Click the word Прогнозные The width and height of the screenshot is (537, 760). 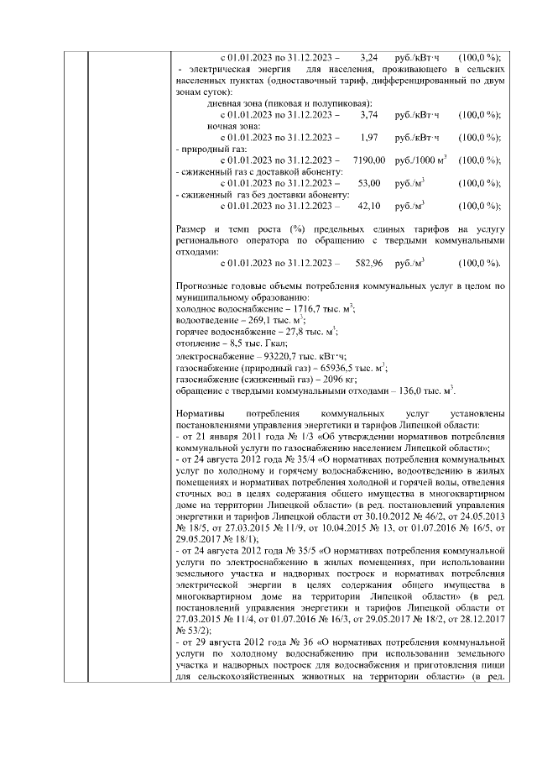tap(206, 286)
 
